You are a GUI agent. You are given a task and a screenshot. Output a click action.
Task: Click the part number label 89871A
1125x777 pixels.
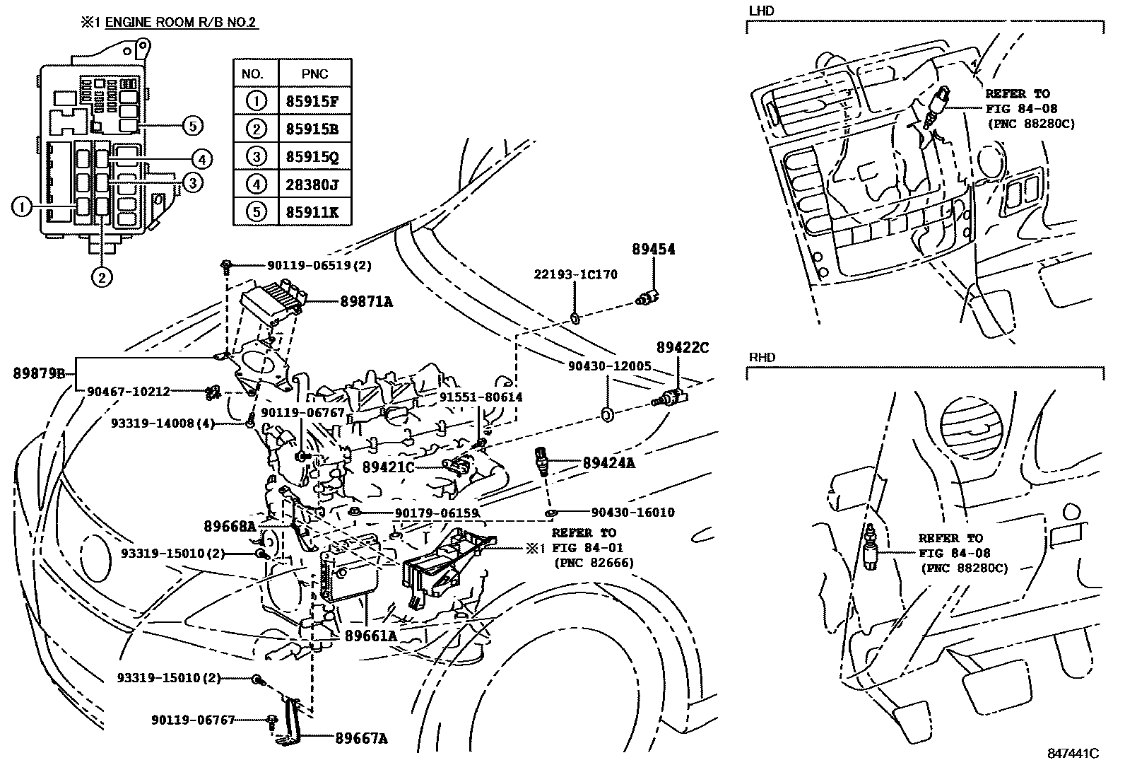point(366,302)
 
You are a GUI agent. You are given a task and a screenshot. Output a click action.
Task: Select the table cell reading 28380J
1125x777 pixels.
point(312,185)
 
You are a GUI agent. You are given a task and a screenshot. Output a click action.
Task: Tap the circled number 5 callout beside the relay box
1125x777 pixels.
point(192,126)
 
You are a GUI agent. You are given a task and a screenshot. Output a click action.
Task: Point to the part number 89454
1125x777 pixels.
point(654,250)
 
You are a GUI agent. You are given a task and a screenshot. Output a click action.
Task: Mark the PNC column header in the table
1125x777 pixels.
point(314,74)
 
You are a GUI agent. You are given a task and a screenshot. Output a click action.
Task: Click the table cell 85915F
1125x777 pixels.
point(312,101)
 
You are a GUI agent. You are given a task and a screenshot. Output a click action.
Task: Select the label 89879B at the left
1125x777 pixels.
point(38,373)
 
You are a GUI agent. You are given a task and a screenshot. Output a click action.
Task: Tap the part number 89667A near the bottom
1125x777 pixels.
point(361,739)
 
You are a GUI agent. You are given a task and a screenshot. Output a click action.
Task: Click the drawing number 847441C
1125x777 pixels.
point(1073,754)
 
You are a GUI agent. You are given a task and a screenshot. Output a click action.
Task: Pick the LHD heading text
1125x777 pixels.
point(762,11)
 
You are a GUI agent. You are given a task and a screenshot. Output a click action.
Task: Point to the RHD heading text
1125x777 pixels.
point(762,357)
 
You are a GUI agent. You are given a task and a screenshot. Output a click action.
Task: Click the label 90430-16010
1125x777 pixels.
point(632,513)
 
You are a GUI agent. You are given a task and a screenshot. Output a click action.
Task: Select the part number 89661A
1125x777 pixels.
point(370,636)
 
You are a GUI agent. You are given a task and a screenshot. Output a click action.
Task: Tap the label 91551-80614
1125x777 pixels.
point(481,397)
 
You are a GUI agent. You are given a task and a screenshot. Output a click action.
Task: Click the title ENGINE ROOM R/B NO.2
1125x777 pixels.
point(182,22)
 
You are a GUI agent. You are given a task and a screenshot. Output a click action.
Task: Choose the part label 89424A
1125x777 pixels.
point(608,463)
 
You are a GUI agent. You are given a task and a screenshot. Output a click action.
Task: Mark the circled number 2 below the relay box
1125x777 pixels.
point(101,277)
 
